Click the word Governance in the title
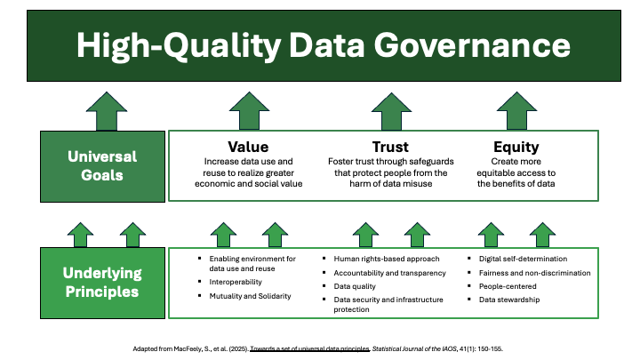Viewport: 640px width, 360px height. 472,45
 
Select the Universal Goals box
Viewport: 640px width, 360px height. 102,166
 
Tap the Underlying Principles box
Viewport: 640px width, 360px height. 102,283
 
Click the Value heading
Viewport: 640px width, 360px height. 248,147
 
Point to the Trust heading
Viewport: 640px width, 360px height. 390,147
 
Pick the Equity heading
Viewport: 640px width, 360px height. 516,147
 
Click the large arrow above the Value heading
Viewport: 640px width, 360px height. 249,111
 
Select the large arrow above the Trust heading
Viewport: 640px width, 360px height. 391,111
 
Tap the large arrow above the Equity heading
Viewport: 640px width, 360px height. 516,111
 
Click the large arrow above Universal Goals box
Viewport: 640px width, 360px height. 107,111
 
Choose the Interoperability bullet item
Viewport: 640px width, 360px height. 236,282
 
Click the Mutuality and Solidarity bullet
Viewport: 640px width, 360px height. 250,296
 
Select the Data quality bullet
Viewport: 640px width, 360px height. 355,286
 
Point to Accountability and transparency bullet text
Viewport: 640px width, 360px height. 390,273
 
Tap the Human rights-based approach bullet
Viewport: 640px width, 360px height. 387,259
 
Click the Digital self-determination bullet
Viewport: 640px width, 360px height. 523,259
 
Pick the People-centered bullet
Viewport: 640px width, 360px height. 508,286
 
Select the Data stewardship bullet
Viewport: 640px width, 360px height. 509,300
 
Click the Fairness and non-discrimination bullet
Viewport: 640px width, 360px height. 535,273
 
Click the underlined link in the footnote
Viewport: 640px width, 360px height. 310,349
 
